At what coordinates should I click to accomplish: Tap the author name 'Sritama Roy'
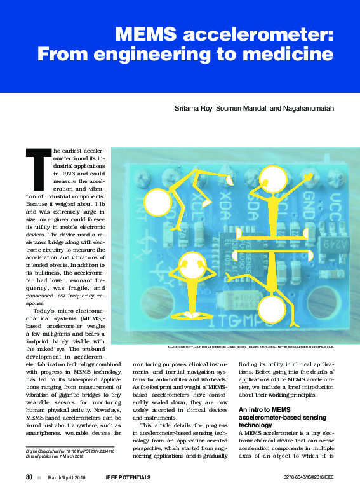tap(193, 109)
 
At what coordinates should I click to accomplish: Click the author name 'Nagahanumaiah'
tap(307, 109)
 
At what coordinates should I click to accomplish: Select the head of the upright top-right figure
tap(276, 177)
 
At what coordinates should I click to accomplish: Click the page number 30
tap(29, 477)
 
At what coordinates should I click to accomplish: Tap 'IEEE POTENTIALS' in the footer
tap(128, 477)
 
